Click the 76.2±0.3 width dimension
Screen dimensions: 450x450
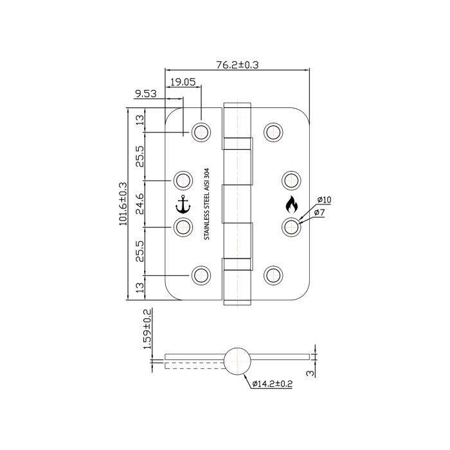point(237,65)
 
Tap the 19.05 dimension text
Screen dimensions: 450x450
point(183,82)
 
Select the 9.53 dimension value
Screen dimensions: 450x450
point(146,94)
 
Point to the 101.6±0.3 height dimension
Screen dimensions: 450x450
point(123,204)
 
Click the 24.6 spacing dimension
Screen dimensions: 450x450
point(139,204)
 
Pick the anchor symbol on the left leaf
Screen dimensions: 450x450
point(183,204)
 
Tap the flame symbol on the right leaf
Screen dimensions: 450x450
point(292,204)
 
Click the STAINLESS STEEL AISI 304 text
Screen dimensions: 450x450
point(207,204)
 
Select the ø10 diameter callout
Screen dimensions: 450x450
point(324,200)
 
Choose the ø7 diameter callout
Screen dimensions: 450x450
point(319,213)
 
